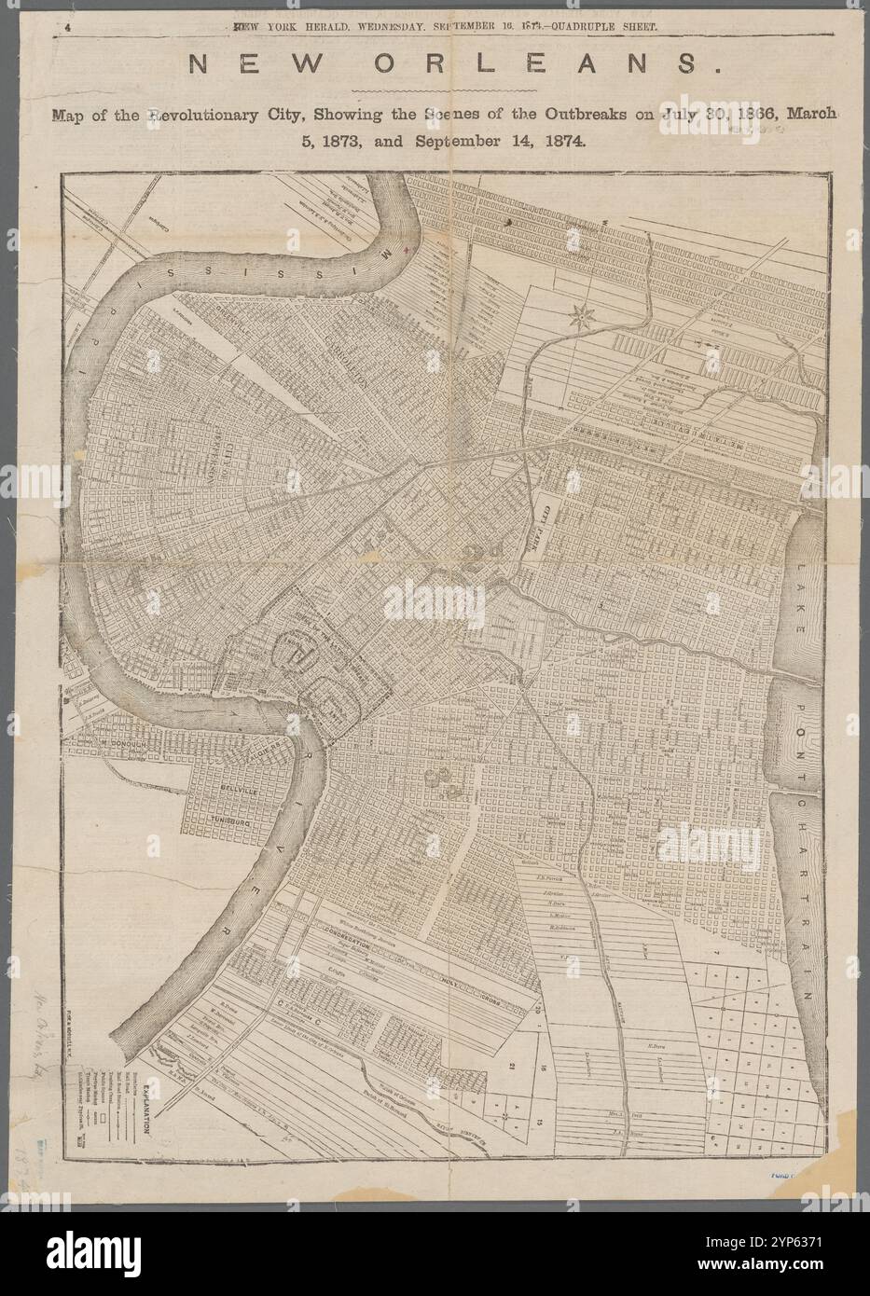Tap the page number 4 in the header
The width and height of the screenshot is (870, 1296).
tap(68, 28)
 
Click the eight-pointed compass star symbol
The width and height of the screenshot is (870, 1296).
tap(581, 316)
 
